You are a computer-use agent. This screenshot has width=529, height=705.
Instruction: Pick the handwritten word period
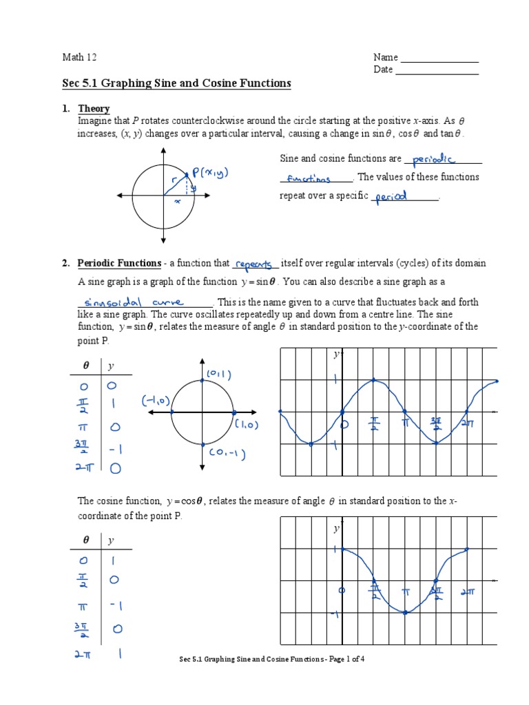393,196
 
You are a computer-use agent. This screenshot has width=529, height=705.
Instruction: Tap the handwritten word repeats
254,264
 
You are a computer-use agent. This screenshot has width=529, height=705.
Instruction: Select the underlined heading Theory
94,109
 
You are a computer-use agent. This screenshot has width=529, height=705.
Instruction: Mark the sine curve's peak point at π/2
373,379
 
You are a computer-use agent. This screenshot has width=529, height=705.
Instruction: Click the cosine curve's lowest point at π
405,612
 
